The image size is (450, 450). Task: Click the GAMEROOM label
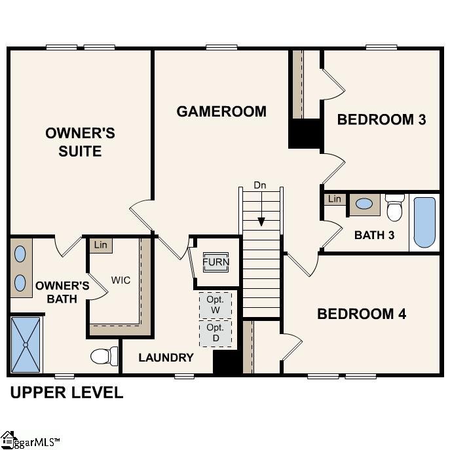coord(221,111)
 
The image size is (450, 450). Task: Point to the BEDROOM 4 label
coord(362,314)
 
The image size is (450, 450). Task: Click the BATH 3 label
coord(374,235)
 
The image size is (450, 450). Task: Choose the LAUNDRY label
coord(166,358)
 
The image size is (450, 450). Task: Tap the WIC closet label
coord(121,280)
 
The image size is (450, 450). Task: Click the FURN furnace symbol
coord(216,262)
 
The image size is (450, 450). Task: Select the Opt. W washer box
coord(216,304)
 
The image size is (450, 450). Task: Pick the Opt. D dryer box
coord(216,332)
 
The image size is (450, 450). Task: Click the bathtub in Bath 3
coord(424,222)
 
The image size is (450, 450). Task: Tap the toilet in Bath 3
coord(394,208)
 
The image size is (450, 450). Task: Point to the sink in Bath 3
coord(364,204)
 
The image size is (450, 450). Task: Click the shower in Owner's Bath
coord(26,344)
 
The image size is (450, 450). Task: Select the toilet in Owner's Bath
coord(103,356)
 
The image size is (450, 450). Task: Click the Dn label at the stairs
coord(260,185)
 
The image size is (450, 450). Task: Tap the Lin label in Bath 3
coord(334,199)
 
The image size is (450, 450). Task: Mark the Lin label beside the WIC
coord(100,245)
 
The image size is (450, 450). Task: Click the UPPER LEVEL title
coord(66,393)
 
